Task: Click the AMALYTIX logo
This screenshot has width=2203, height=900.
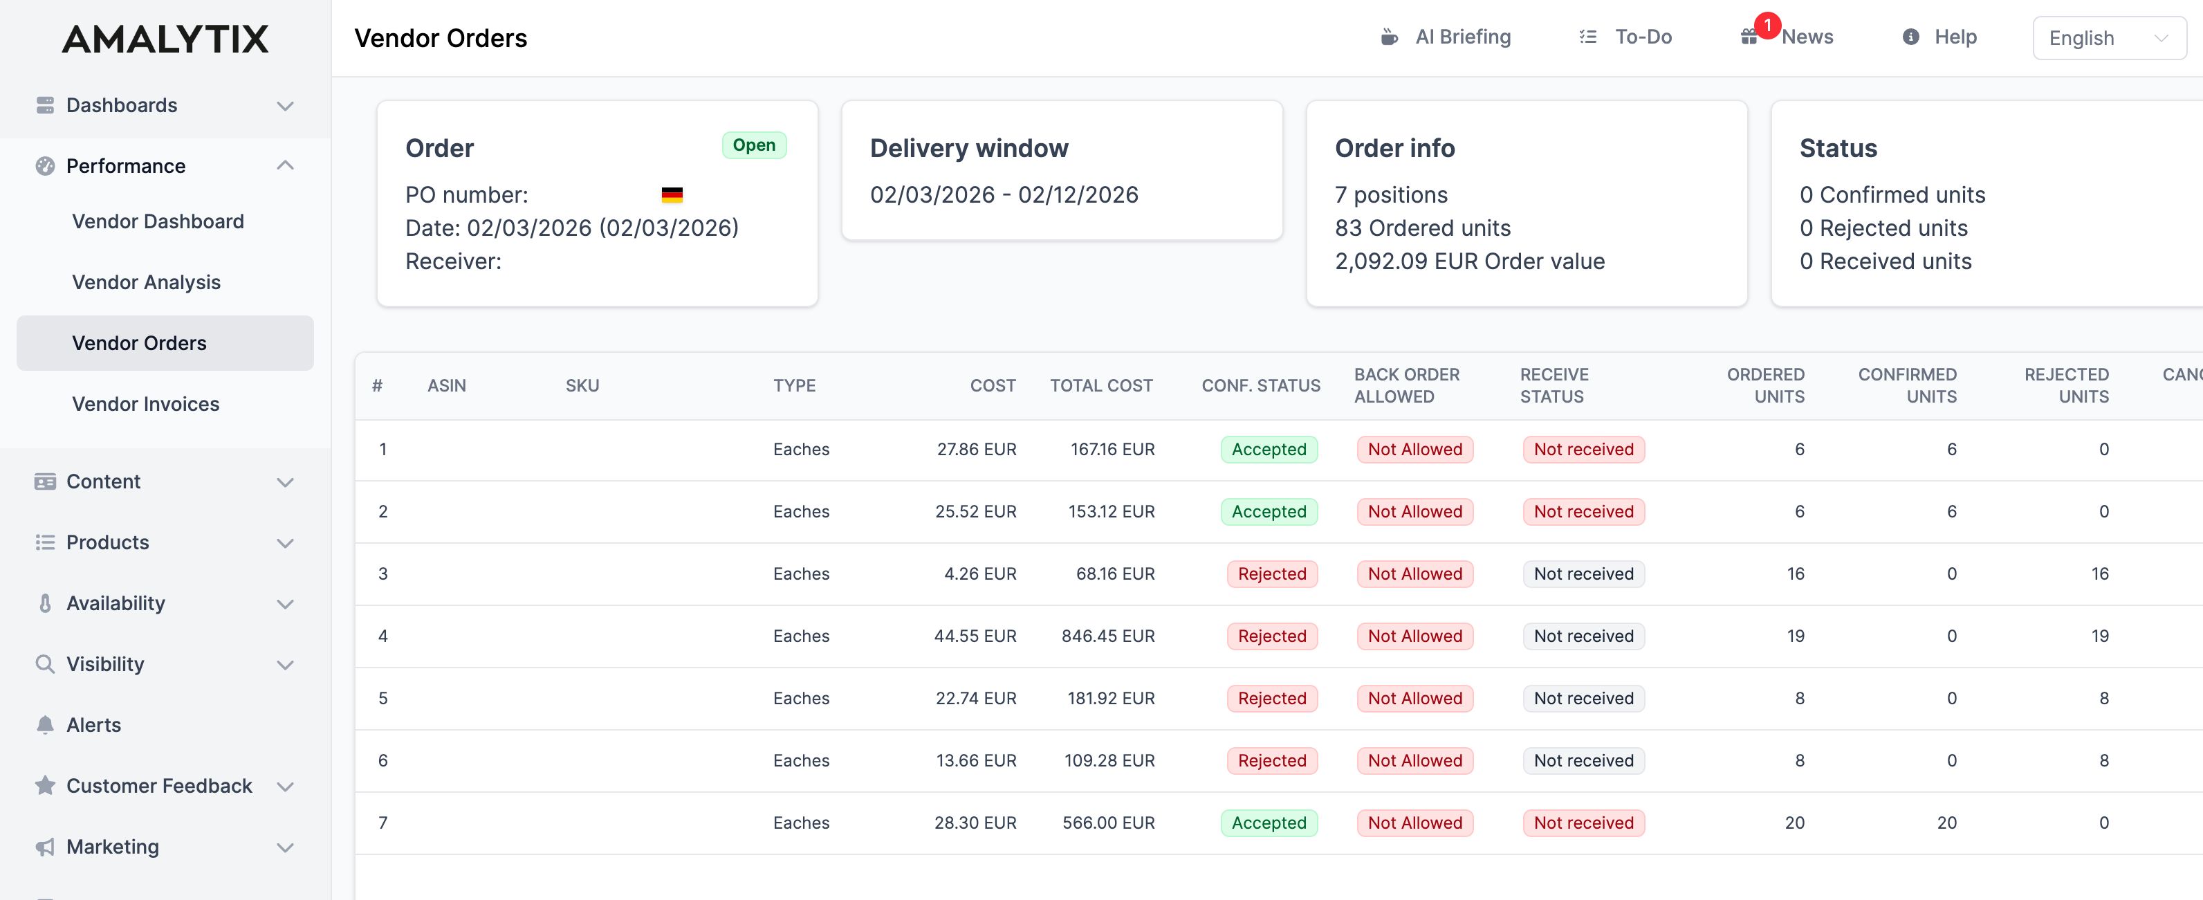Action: click(x=165, y=39)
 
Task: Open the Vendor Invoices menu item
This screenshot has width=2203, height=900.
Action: click(x=145, y=404)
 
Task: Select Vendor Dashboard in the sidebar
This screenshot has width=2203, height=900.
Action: click(x=158, y=221)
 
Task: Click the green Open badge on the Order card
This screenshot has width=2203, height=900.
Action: click(x=753, y=145)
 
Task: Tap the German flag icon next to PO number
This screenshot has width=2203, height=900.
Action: click(x=672, y=195)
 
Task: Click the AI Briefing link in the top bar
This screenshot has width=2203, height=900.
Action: click(x=1462, y=37)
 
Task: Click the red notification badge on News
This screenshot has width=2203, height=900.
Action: click(x=1767, y=26)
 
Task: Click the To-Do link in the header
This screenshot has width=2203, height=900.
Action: click(x=1642, y=37)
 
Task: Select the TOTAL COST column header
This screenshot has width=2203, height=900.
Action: click(x=1100, y=386)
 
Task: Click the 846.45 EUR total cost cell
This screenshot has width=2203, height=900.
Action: click(x=1107, y=636)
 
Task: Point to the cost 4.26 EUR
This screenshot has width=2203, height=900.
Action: click(x=979, y=573)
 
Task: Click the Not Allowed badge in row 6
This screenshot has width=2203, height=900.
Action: click(x=1414, y=760)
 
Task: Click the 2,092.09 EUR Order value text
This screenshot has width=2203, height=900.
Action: click(x=1469, y=261)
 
